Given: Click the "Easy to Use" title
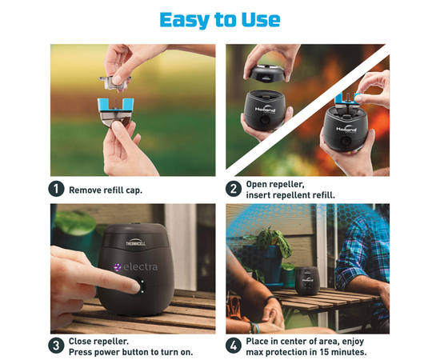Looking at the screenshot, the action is tap(220, 20).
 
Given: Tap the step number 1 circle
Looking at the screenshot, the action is tap(56, 189).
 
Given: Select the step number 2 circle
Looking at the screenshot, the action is tap(234, 189).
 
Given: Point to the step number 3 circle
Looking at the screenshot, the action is tap(56, 346).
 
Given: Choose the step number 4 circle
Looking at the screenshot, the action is tap(234, 346).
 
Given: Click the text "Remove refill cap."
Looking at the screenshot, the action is tap(106, 190).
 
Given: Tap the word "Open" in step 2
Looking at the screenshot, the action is tap(256, 184).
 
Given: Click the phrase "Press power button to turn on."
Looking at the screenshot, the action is tap(130, 352).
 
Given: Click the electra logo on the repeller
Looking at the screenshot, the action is tap(136, 267).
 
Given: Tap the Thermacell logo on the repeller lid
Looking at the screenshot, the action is tap(135, 242).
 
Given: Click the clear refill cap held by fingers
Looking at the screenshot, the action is tap(115, 82).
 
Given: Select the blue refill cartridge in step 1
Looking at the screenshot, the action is tap(116, 112).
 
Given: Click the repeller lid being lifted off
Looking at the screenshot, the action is tap(266, 74).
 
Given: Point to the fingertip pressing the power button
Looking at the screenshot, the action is tap(136, 286).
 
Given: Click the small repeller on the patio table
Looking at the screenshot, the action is tap(307, 281).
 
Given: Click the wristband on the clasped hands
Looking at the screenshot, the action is tap(270, 299).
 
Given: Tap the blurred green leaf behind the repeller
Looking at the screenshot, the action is tap(75, 222).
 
